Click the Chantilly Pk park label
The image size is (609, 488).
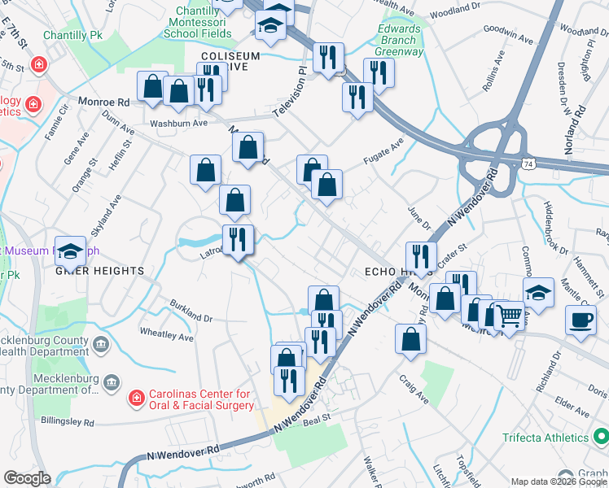coord(72,37)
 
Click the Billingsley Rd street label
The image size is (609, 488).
coord(68,422)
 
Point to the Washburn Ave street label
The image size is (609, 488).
coord(178,123)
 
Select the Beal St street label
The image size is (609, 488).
coord(314,421)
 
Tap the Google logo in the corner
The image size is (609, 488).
coord(27,478)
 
